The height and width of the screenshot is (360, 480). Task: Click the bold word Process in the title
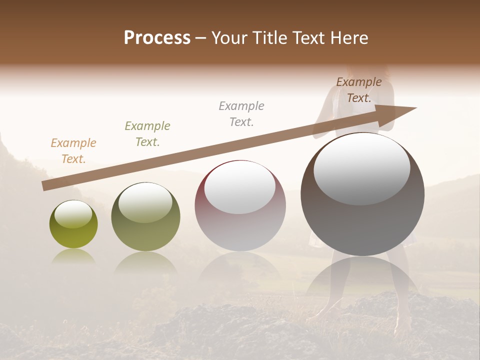157,38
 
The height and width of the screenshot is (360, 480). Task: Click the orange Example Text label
73,151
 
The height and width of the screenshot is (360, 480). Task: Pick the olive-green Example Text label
147,134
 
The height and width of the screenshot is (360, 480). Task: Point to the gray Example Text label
241,114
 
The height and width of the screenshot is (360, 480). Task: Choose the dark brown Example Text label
359,90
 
